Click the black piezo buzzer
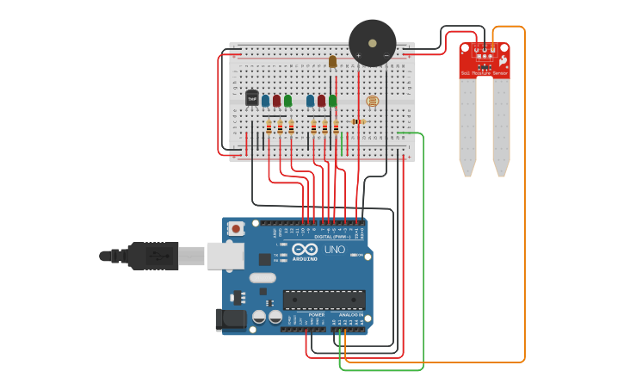(x=372, y=42)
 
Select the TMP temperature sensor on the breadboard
(x=252, y=98)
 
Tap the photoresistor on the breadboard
(x=373, y=102)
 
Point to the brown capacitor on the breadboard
(x=332, y=61)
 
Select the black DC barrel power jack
(x=232, y=319)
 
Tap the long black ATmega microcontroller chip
(x=324, y=300)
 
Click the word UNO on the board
(x=335, y=250)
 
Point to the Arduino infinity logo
(x=305, y=249)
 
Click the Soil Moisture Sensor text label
(x=484, y=74)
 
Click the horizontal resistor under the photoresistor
(x=358, y=121)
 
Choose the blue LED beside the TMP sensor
(x=265, y=100)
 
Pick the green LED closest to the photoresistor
(x=332, y=100)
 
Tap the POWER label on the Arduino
(x=316, y=315)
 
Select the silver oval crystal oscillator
(x=263, y=278)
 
